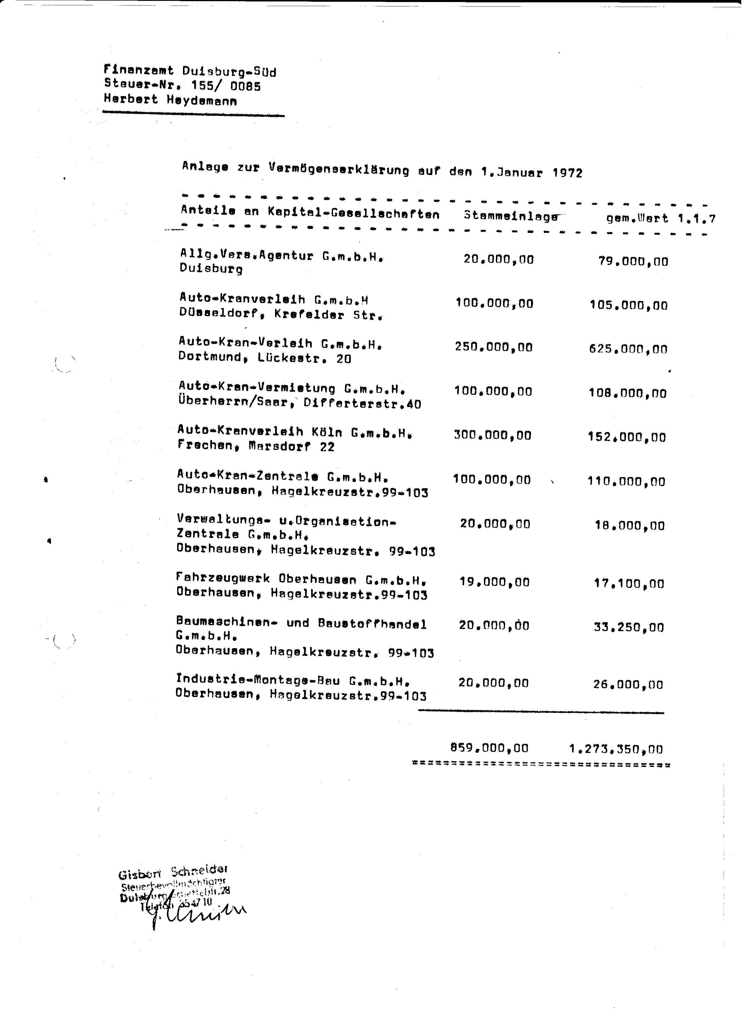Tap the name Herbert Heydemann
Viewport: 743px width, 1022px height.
(170, 100)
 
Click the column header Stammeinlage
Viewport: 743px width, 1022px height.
(510, 216)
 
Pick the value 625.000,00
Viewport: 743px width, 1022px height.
(628, 349)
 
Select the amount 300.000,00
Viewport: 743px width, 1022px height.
(492, 435)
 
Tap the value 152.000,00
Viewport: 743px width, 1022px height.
(627, 437)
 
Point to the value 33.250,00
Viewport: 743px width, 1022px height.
(628, 627)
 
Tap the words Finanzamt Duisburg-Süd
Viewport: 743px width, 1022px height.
(190, 71)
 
